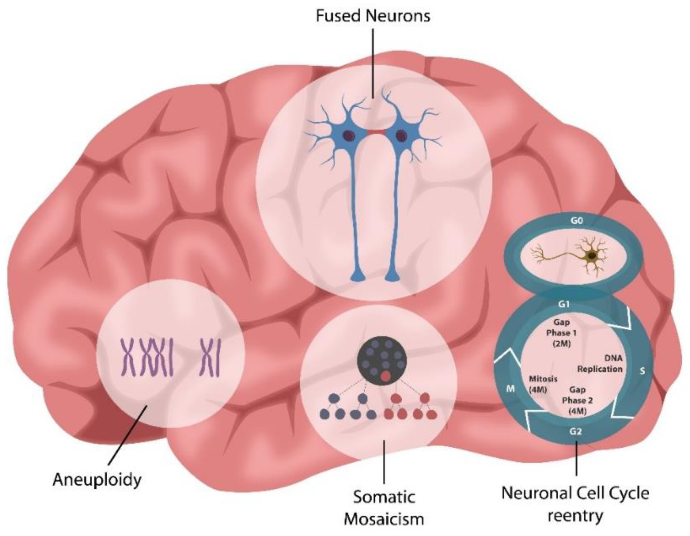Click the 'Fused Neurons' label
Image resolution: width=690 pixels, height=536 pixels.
point(373,16)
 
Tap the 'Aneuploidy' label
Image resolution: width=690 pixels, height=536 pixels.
point(97,479)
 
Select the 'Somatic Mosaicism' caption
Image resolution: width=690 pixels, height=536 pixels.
point(384,508)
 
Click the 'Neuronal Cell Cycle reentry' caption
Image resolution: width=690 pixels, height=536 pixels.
point(575,504)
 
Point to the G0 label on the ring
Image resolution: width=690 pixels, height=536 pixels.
point(576,220)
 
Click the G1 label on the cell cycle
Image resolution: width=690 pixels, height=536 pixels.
point(563,304)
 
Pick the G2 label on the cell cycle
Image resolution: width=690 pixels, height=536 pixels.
point(575,431)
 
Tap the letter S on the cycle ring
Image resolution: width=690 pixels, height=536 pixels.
point(642,371)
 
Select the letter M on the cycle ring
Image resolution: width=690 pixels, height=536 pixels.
point(510,389)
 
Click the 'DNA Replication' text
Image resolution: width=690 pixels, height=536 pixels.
point(600,364)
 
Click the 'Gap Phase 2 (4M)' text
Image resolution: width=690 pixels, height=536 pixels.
point(577,400)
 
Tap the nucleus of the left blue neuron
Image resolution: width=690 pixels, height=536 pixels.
point(349,135)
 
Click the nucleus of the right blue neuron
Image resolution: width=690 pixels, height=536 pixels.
point(401,136)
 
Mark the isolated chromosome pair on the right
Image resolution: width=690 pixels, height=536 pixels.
point(209,357)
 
